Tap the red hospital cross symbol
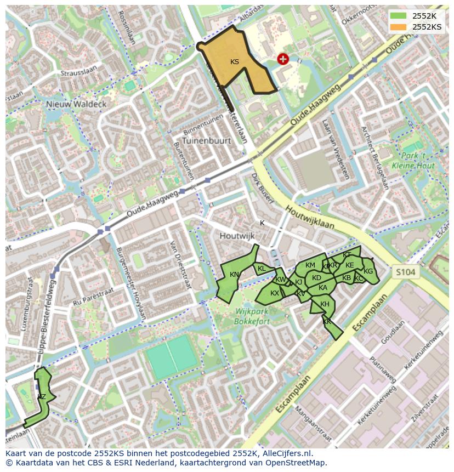pos(283,59)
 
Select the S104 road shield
pos(405,272)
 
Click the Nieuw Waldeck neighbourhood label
pos(76,104)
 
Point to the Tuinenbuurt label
pos(207,140)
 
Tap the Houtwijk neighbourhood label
pos(237,236)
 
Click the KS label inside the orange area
pos(235,62)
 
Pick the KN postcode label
pos(234,275)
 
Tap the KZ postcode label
pos(42,396)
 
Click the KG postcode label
pos(368,271)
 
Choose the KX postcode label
pos(275,293)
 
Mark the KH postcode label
pos(325,304)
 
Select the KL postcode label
pos(262,269)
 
